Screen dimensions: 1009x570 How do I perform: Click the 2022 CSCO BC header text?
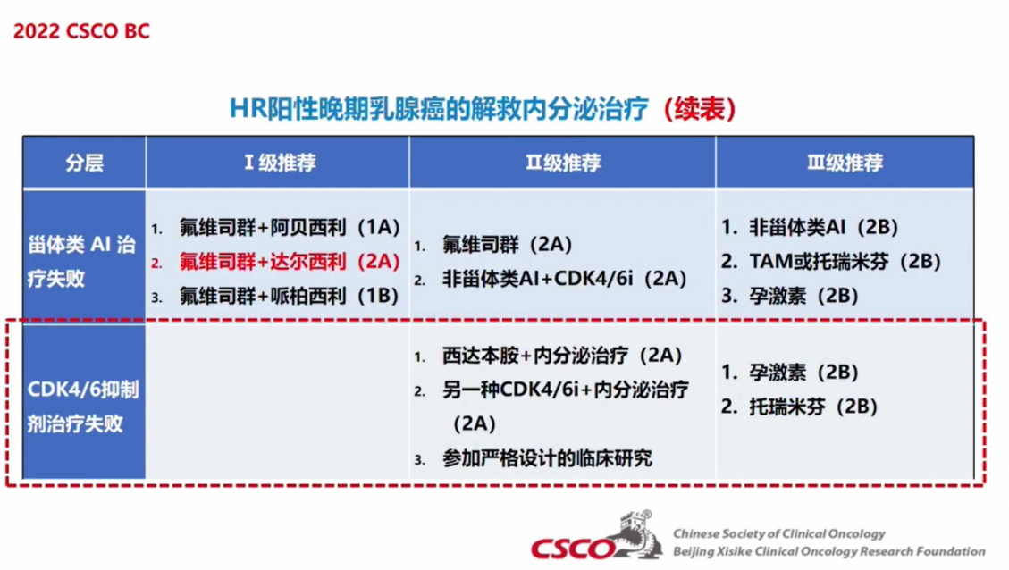click(81, 31)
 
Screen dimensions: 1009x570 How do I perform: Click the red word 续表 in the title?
click(700, 108)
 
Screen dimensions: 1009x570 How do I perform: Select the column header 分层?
click(84, 163)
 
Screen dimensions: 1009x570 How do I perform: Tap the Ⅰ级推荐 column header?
click(280, 163)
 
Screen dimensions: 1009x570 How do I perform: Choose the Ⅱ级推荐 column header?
click(563, 163)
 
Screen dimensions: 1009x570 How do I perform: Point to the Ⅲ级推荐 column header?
click(845, 163)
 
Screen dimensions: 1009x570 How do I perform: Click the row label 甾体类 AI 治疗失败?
click(81, 261)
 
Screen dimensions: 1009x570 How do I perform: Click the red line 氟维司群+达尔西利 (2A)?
click(290, 261)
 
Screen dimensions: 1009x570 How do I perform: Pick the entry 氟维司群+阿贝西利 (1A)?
click(290, 227)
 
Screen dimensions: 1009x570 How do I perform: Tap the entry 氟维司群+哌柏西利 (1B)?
click(290, 296)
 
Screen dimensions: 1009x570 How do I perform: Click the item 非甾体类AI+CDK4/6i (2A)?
click(564, 278)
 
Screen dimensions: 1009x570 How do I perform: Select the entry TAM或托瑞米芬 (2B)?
click(845, 261)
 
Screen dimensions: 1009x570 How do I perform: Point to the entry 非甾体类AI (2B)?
click(824, 227)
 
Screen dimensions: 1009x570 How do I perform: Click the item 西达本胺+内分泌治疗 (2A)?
click(562, 355)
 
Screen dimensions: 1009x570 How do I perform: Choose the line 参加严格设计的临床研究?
click(547, 458)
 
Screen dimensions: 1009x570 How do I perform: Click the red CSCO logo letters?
click(571, 549)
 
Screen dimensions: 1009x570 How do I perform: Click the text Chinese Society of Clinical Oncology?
click(779, 533)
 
